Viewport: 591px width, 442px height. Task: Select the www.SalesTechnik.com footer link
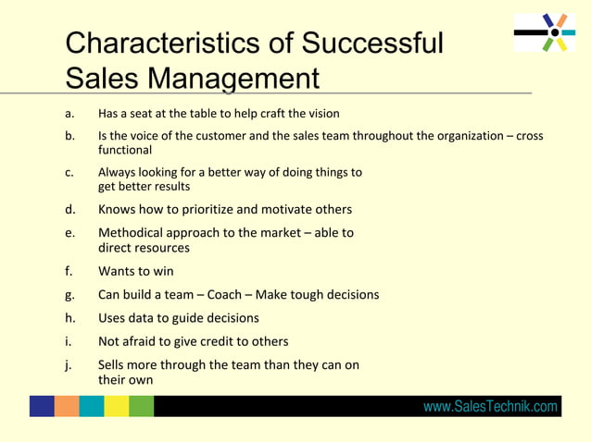pos(490,407)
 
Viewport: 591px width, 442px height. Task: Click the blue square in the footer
pos(42,406)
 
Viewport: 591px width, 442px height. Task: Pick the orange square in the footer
pos(67,406)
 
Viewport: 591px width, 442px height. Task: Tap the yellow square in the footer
pos(117,406)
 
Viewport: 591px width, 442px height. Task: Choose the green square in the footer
pos(141,406)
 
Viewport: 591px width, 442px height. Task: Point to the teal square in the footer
pos(92,406)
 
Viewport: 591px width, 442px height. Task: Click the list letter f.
pos(68,271)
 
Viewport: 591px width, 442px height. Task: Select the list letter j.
pos(68,364)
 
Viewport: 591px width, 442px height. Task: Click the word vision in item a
pos(321,114)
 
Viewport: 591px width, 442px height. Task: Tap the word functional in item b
pos(125,150)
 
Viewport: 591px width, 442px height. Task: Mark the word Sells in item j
pos(115,364)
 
